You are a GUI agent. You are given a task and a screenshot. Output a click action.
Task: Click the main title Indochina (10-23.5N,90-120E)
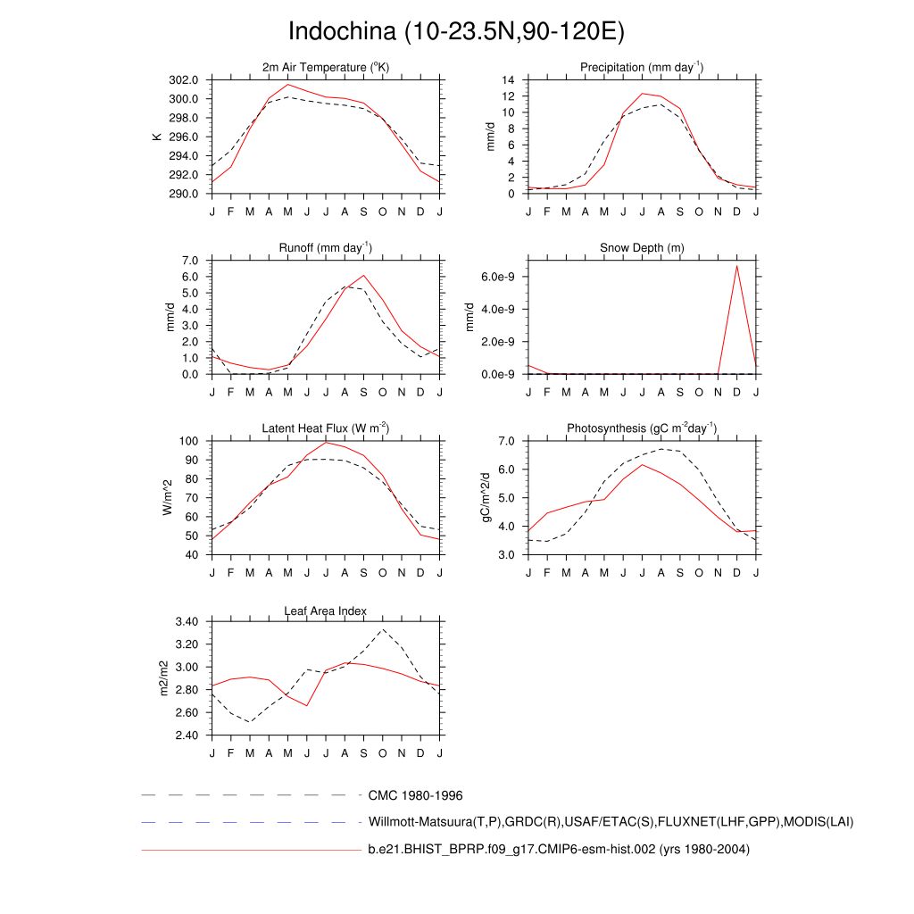[456, 31]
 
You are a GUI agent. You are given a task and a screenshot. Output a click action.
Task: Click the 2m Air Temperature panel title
[326, 68]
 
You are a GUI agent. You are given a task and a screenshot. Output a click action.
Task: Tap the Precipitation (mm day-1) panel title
[642, 68]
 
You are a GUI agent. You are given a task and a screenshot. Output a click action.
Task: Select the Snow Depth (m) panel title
[642, 247]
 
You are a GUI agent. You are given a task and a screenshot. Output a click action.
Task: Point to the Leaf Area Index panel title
[326, 611]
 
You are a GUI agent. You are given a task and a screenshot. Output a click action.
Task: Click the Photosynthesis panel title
[642, 429]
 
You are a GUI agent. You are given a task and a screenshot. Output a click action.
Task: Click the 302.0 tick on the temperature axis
[187, 80]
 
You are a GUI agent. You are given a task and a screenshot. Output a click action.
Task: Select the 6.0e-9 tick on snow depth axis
[500, 277]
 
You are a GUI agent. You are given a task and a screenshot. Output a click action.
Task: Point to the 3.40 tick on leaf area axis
[189, 621]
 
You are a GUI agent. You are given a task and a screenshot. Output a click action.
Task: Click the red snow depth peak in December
[737, 265]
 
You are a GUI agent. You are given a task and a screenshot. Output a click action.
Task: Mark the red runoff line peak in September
[363, 275]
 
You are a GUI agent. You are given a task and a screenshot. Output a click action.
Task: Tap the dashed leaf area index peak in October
[383, 630]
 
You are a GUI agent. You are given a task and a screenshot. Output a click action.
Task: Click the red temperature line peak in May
[287, 85]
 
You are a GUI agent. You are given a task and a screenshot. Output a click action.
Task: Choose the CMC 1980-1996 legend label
[415, 795]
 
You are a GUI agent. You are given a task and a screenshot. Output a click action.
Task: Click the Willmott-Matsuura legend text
[611, 822]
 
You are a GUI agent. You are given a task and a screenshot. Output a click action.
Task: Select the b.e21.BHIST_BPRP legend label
[559, 850]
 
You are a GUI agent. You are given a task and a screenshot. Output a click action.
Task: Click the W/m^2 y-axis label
[167, 498]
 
